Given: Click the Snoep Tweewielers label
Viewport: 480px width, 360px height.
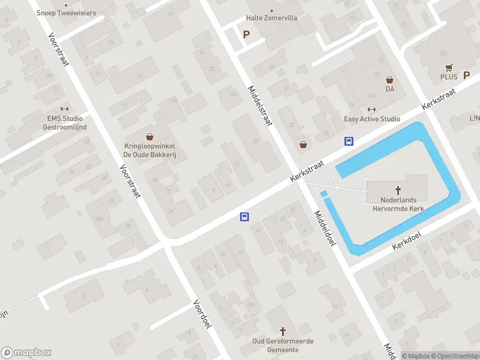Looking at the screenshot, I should pyautogui.click(x=66, y=12).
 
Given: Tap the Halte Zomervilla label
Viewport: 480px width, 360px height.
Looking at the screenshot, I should pyautogui.click(x=272, y=18).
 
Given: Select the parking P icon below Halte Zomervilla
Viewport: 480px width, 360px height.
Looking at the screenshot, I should pyautogui.click(x=246, y=34).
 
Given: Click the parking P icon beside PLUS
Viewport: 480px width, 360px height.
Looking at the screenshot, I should pyautogui.click(x=467, y=76).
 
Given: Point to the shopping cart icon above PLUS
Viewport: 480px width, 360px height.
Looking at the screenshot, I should pyautogui.click(x=448, y=67).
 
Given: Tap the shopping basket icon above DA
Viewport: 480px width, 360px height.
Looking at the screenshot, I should pyautogui.click(x=389, y=79).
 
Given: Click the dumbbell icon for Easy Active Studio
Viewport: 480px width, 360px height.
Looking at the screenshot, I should pyautogui.click(x=371, y=109).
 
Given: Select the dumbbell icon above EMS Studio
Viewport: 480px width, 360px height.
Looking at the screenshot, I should pyautogui.click(x=65, y=109).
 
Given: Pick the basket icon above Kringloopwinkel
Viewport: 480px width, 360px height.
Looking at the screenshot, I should pyautogui.click(x=149, y=137).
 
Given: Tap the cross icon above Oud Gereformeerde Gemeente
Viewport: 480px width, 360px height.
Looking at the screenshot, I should pyautogui.click(x=284, y=331).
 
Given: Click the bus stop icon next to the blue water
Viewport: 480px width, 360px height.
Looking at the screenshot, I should pyautogui.click(x=349, y=142).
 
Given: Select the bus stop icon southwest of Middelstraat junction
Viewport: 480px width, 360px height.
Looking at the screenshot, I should pyautogui.click(x=245, y=217).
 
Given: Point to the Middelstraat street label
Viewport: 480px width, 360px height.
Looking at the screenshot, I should pyautogui.click(x=260, y=105).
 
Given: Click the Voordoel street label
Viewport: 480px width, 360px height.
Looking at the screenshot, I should pyautogui.click(x=203, y=314).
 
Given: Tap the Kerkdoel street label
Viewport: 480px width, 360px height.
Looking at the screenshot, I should pyautogui.click(x=407, y=242).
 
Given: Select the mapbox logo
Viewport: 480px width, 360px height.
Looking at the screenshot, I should pyautogui.click(x=26, y=353).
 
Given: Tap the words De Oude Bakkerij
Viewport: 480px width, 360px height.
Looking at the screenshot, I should pyautogui.click(x=149, y=154).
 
